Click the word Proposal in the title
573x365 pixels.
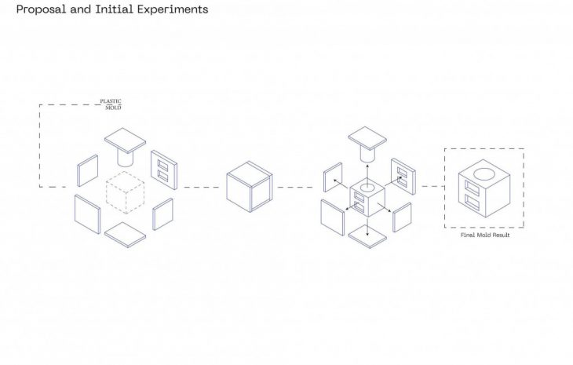pyautogui.click(x=41, y=10)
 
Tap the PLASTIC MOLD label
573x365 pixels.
pyautogui.click(x=110, y=104)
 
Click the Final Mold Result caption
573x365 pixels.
pyautogui.click(x=484, y=235)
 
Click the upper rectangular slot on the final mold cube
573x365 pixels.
pyautogui.click(x=472, y=188)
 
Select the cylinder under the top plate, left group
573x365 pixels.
pyautogui.click(x=125, y=156)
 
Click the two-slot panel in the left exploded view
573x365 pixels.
pyautogui.click(x=164, y=170)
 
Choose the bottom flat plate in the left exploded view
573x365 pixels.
pyautogui.click(x=126, y=233)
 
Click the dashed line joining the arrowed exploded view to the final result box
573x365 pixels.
pyautogui.click(x=432, y=187)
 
